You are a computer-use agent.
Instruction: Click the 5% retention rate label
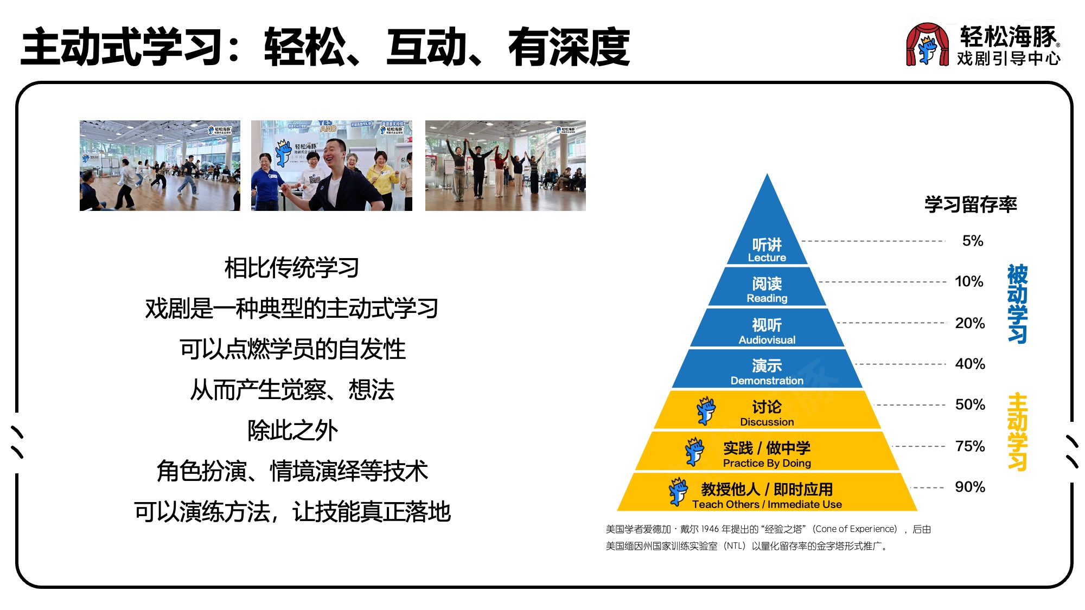tap(972, 241)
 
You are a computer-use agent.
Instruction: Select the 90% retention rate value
tap(970, 487)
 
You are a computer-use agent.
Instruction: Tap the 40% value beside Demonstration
tap(970, 364)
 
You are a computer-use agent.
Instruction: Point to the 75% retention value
tap(970, 446)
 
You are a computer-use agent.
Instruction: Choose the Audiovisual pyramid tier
tap(767, 328)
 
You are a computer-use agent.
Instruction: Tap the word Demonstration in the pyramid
tap(767, 381)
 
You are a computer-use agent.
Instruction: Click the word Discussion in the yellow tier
tap(767, 422)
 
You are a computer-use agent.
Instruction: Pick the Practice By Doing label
tap(767, 463)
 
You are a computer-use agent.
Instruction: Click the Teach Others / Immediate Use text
tap(767, 504)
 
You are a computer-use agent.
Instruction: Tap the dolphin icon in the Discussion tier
tap(706, 410)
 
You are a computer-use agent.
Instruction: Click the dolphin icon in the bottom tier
tap(678, 492)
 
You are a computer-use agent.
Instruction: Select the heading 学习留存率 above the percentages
tap(971, 204)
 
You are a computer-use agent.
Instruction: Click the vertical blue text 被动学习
tap(1017, 304)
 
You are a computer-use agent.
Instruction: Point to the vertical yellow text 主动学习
tap(1017, 432)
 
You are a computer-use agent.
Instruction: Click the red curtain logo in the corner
tap(927, 44)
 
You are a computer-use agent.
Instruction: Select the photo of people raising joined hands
tap(506, 165)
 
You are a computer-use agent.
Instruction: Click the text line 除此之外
tap(292, 431)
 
